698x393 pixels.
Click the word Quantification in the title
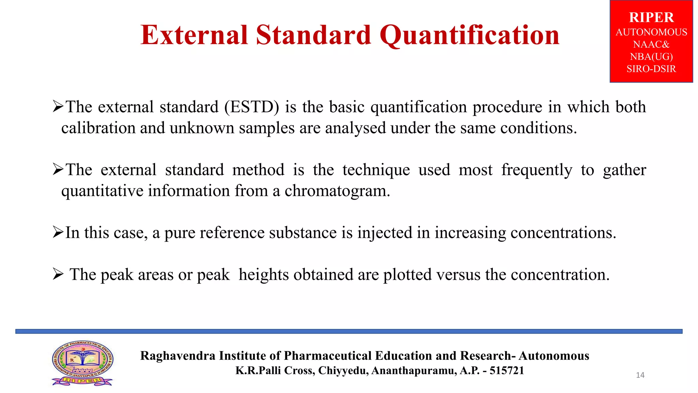click(469, 35)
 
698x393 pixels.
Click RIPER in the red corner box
click(651, 17)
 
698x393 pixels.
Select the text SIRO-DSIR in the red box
click(651, 69)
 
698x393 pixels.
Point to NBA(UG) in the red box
click(651, 57)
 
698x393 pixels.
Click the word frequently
click(536, 170)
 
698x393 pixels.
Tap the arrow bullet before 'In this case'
click(58, 233)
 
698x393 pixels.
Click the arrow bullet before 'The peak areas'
click(58, 274)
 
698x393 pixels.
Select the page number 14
click(640, 375)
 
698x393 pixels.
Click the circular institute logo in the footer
click(82, 362)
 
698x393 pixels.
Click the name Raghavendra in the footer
click(178, 356)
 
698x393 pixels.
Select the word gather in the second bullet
click(624, 170)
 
